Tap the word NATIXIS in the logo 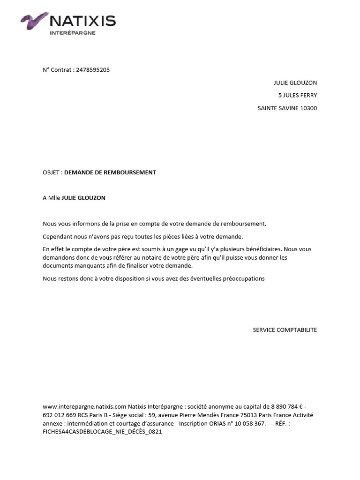pyautogui.click(x=82, y=21)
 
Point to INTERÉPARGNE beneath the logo pyautogui.click(x=72, y=33)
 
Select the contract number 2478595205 pyautogui.click(x=92, y=70)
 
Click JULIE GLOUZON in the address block pyautogui.click(x=295, y=83)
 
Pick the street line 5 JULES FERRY pyautogui.click(x=297, y=96)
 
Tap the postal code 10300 pyautogui.click(x=308, y=108)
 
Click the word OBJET pyautogui.click(x=51, y=172)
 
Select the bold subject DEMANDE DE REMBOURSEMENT pyautogui.click(x=110, y=172)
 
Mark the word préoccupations pyautogui.click(x=241, y=278)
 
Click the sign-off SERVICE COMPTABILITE pyautogui.click(x=285, y=330)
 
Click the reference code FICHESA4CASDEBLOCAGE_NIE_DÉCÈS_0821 pyautogui.click(x=102, y=432)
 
